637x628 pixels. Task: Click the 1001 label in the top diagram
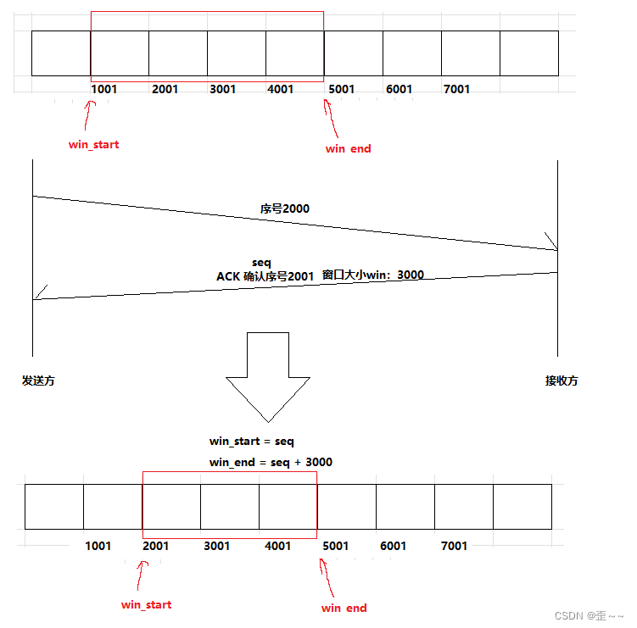(106, 89)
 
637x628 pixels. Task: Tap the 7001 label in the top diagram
(456, 89)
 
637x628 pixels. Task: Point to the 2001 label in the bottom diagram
(156, 546)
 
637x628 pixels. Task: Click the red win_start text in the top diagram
(93, 144)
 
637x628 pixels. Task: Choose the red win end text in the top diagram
(348, 148)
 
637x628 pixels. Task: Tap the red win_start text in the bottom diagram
(146, 604)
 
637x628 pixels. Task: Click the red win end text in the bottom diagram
(344, 608)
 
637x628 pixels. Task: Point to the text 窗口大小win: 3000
(373, 275)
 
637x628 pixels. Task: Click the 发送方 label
(38, 381)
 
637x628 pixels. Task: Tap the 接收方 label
(562, 381)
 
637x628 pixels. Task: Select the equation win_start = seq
(251, 442)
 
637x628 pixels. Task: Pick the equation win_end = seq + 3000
(271, 462)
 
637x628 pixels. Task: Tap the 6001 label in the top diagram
(399, 89)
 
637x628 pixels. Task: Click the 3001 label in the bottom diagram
(216, 546)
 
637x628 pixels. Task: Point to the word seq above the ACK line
(261, 263)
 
